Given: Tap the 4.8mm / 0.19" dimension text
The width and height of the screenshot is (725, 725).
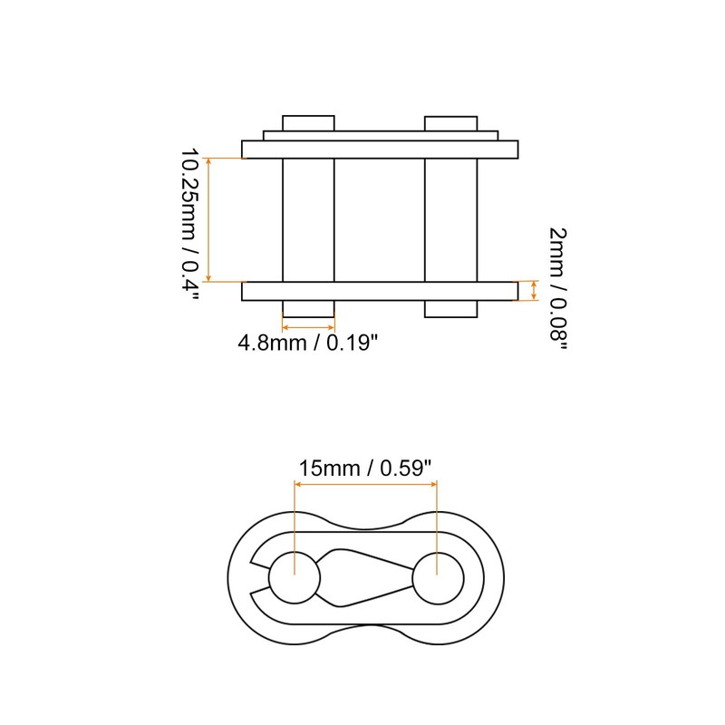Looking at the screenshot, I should [x=307, y=344].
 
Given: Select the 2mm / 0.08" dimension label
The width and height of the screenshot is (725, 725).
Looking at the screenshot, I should [x=559, y=288].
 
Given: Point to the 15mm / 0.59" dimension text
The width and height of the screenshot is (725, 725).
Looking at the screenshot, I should [x=365, y=469].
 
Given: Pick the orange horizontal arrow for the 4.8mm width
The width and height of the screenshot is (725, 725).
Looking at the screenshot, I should [x=308, y=326].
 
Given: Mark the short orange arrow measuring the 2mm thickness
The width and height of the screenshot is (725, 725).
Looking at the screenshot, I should [x=534, y=291].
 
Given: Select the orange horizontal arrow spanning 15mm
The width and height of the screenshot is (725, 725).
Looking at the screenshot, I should [x=365, y=486].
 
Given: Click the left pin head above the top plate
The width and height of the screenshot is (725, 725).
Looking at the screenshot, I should [x=308, y=122].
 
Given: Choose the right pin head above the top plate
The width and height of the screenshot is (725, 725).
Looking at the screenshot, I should [x=450, y=122].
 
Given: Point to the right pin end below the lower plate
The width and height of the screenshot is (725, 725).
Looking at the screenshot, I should [x=450, y=309].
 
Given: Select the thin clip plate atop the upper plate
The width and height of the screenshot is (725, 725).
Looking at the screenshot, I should [x=381, y=136].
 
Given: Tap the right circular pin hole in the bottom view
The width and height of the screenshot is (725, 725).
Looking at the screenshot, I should [x=438, y=576].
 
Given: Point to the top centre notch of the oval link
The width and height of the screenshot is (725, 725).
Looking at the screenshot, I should [x=366, y=523].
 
